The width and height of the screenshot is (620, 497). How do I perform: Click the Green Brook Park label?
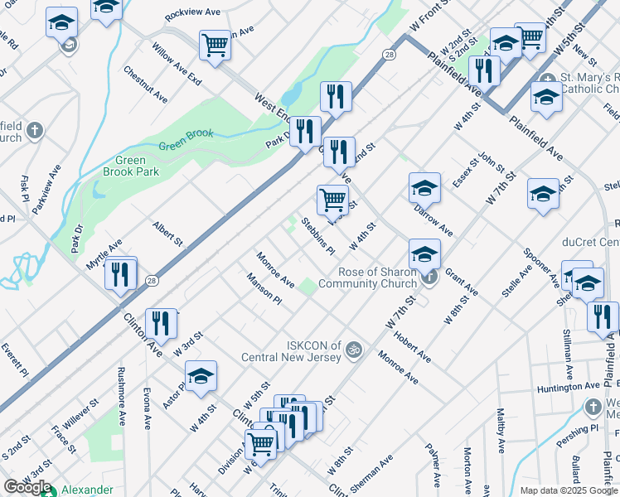[124, 166]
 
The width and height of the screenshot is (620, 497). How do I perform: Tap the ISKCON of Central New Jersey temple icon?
[354, 349]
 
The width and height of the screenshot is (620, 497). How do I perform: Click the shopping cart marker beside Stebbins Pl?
[332, 199]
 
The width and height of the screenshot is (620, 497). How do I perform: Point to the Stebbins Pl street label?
[317, 235]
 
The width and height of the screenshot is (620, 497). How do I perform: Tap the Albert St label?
[167, 233]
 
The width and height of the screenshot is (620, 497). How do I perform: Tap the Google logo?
[27, 487]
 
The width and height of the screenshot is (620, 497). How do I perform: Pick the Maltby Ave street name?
[500, 435]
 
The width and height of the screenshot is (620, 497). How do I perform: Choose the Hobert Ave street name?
[412, 348]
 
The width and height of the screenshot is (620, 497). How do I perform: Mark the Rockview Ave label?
[192, 12]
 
